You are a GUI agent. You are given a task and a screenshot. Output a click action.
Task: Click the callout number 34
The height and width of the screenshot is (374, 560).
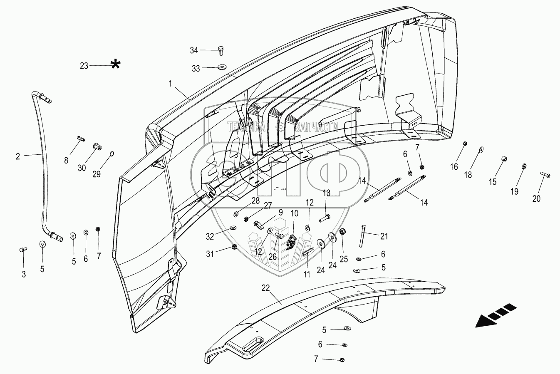(x=194, y=50)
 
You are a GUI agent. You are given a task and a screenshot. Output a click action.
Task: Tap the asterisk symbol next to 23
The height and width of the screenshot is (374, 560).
(x=116, y=64)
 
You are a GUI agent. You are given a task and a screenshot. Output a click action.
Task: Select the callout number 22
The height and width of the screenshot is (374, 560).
(x=266, y=288)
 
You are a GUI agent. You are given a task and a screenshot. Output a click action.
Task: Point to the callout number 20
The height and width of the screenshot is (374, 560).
(x=536, y=199)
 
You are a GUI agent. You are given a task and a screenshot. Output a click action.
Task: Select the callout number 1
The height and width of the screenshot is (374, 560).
(x=170, y=84)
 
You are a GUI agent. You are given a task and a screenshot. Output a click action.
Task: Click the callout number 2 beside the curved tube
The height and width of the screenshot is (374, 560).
(x=18, y=156)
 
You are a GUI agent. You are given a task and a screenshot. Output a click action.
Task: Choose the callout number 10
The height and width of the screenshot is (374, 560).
(x=294, y=213)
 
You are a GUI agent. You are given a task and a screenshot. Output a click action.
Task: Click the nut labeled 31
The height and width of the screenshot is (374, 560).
(x=234, y=248)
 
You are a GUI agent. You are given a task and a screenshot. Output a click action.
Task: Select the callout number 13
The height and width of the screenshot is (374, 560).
(x=327, y=193)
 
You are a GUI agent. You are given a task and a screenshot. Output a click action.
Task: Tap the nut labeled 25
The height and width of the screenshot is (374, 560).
(x=344, y=232)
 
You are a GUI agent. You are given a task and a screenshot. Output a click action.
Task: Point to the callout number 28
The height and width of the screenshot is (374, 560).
(x=255, y=201)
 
